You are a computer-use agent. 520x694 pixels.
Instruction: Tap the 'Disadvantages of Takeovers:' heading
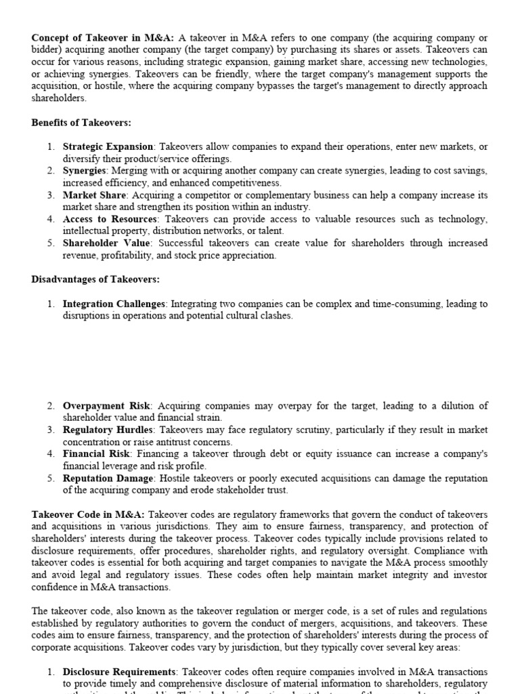coord(95,279)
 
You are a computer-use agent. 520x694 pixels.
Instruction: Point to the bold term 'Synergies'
coord(85,171)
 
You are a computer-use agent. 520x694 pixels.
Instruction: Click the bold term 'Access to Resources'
coord(109,220)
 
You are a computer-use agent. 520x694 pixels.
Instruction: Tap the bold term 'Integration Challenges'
coord(114,304)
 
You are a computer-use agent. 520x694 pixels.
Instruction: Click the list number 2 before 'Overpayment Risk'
coord(51,406)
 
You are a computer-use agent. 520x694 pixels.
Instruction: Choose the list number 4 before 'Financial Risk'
coord(51,454)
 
